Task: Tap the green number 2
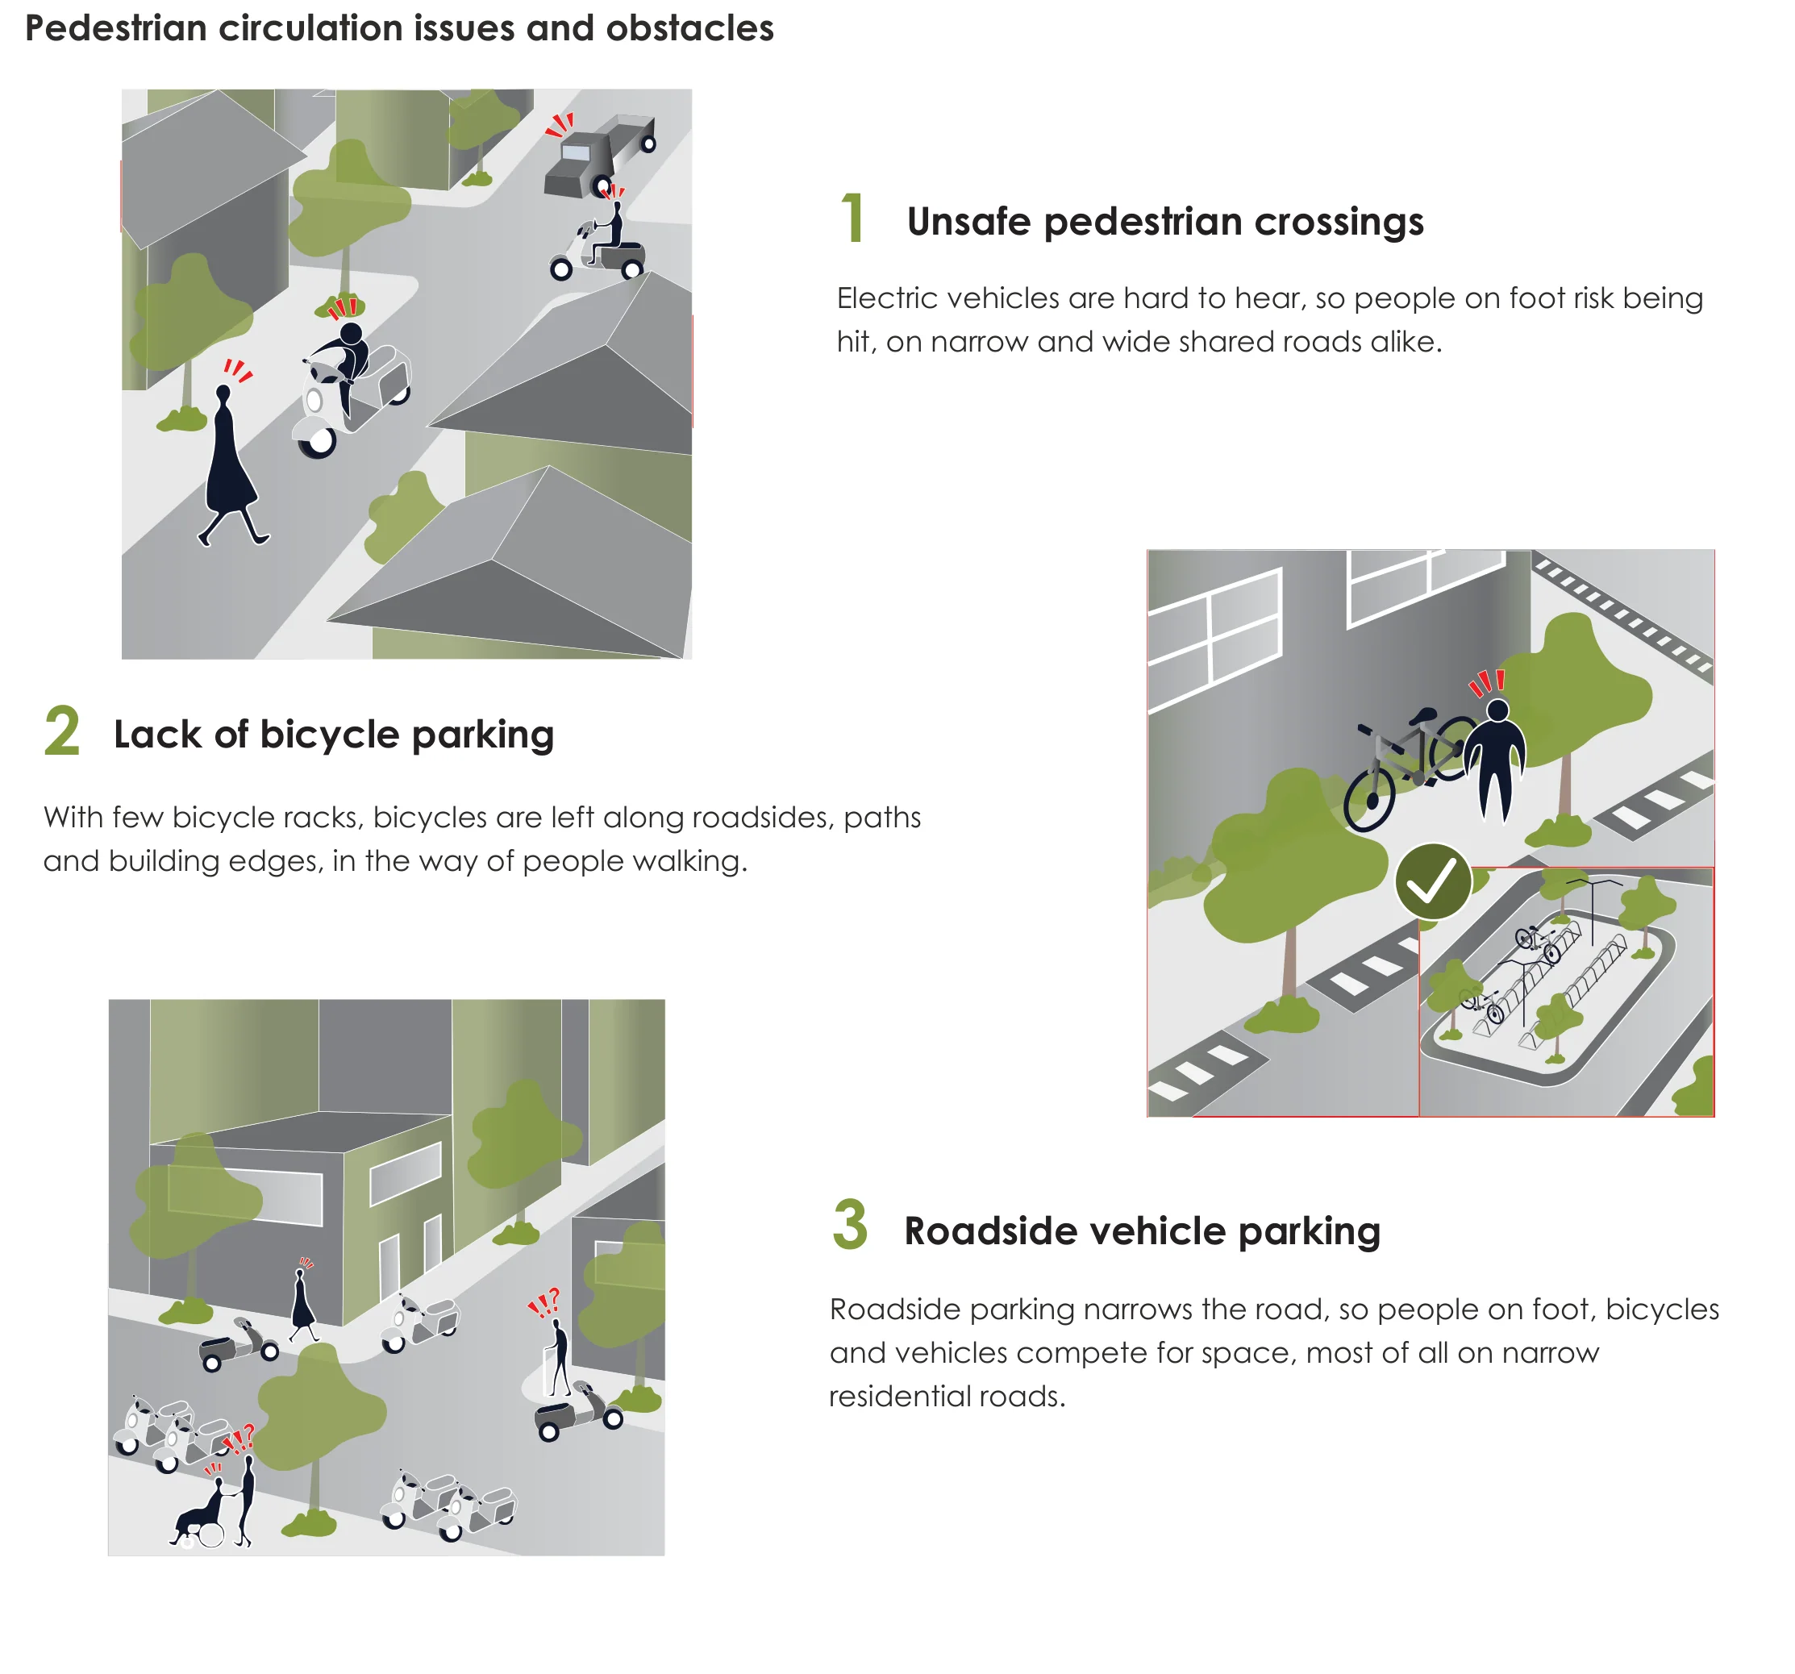(62, 731)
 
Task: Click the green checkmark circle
(1432, 882)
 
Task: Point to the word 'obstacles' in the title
(689, 28)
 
